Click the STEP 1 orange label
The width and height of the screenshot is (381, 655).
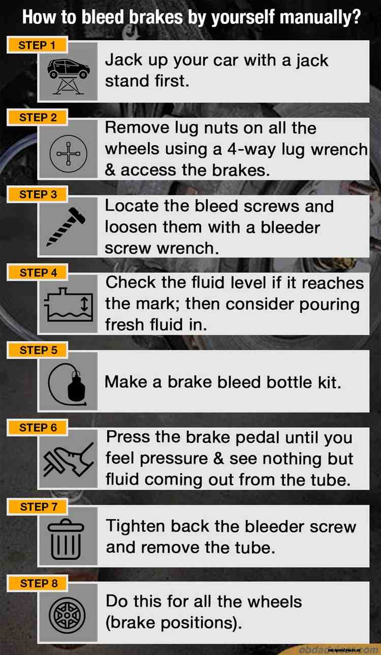[x=37, y=45]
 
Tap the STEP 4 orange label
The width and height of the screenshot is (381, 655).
[x=38, y=272]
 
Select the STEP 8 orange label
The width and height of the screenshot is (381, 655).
[x=39, y=583]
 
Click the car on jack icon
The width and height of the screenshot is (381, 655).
[x=68, y=72]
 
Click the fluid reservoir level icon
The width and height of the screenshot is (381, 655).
[x=68, y=305]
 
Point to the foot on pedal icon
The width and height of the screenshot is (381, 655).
[x=68, y=460]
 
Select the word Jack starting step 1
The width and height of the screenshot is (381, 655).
[x=121, y=60]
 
